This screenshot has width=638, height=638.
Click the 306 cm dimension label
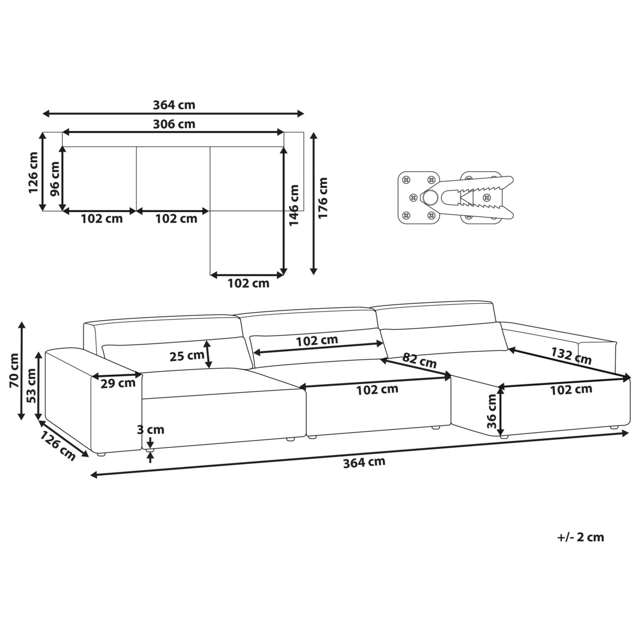tap(174, 124)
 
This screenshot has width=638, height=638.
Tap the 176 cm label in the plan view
tap(323, 198)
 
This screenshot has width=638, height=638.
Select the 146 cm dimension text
tap(293, 205)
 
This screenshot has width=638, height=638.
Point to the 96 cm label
tap(55, 179)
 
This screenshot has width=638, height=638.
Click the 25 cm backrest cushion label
tap(187, 356)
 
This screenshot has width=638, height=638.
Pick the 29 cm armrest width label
tap(118, 383)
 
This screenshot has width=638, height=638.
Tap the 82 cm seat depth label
tap(419, 360)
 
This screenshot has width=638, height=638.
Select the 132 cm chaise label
tap(571, 355)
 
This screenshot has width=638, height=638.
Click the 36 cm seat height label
tap(492, 411)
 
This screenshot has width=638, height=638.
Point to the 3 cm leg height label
tap(150, 430)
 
